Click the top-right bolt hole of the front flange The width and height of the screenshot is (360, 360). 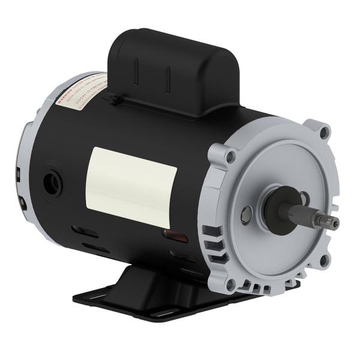coord(324,131)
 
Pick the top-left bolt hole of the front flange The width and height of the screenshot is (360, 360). coord(230,157)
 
